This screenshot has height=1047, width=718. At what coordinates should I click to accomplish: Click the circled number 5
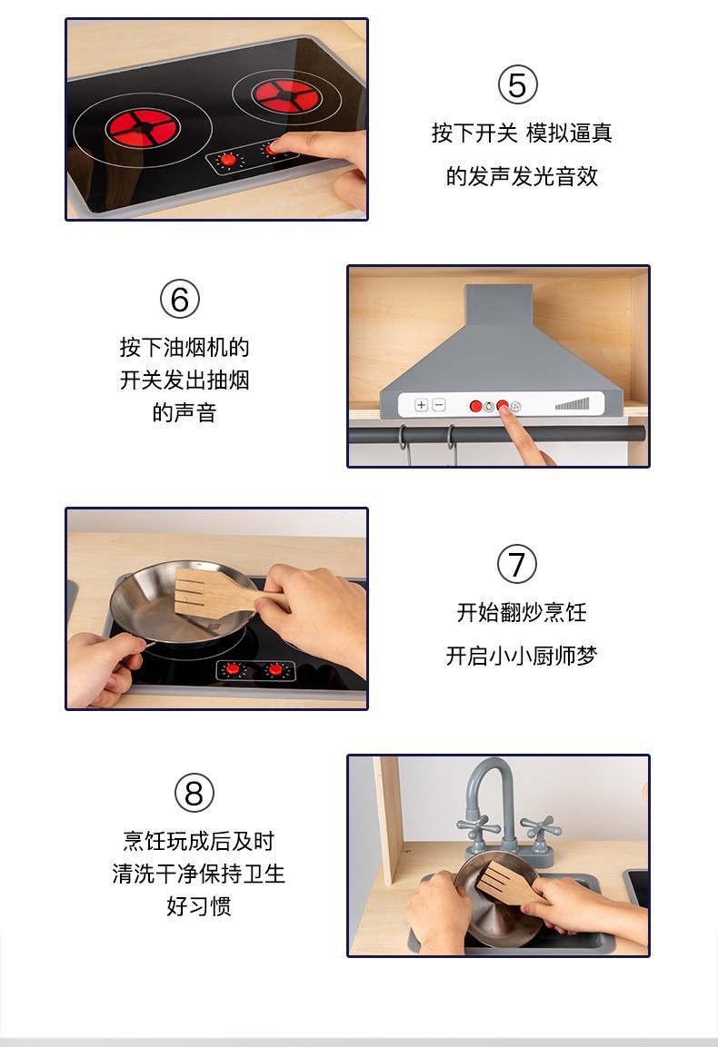517,86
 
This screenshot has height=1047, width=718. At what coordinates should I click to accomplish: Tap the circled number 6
179,300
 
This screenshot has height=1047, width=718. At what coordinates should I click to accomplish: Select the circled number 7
517,565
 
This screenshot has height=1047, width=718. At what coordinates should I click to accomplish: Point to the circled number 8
194,794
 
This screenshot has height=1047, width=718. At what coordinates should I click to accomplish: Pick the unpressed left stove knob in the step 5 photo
228,161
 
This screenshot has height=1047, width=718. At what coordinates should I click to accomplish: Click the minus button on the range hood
439,405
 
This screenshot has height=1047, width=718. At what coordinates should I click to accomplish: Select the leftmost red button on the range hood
475,406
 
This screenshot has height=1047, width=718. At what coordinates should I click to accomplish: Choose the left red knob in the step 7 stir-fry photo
233,669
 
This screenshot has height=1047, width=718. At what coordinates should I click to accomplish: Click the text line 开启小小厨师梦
521,656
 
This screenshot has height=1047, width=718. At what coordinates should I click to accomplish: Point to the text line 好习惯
199,906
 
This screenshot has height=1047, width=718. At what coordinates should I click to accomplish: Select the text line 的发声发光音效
522,176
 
